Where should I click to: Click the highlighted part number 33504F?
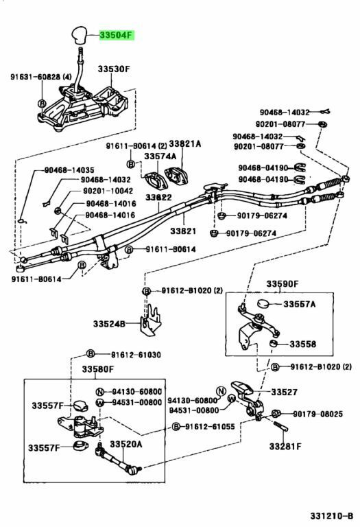pyautogui.click(x=117, y=34)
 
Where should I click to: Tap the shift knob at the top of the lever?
pyautogui.click(x=79, y=34)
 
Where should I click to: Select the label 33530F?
pyautogui.click(x=115, y=69)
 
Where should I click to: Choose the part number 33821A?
pyautogui.click(x=184, y=144)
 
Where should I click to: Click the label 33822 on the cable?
pyautogui.click(x=158, y=198)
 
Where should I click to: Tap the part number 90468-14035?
pyautogui.click(x=69, y=170)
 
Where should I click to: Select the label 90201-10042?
pyautogui.click(x=108, y=191)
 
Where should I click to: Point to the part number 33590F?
pyautogui.click(x=283, y=284)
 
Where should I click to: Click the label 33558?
pyautogui.click(x=302, y=344)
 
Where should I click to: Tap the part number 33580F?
pyautogui.click(x=98, y=369)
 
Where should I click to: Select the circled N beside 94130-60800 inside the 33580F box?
pyautogui.click(x=99, y=392)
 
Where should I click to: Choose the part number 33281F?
pyautogui.click(x=285, y=446)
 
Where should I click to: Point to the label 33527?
pyautogui.click(x=284, y=393)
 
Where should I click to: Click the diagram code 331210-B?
pyautogui.click(x=331, y=516)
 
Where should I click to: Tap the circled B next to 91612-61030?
pyautogui.click(x=91, y=353)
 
